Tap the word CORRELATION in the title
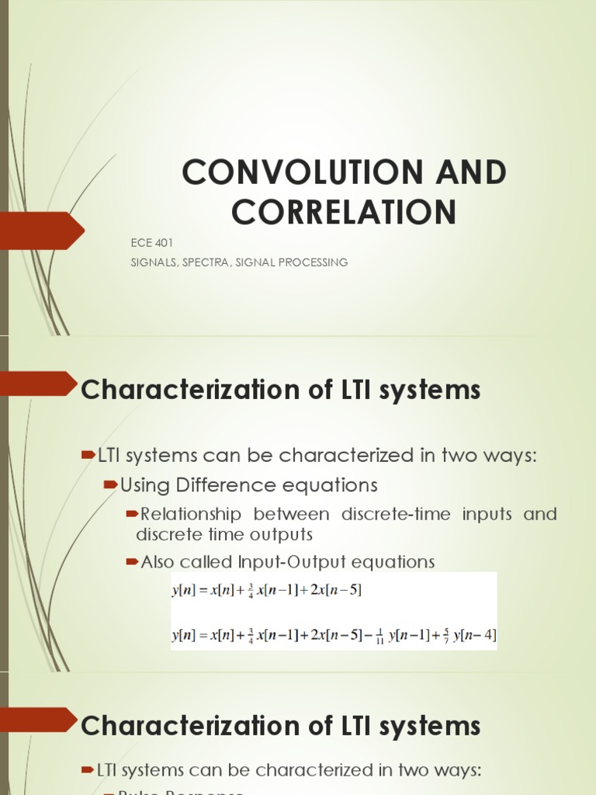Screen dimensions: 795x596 tap(344, 211)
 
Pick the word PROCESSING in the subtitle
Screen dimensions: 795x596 tap(314, 262)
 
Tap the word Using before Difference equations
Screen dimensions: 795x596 tap(145, 485)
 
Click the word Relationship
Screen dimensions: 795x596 tap(191, 514)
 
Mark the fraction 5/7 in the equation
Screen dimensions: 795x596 tap(446, 636)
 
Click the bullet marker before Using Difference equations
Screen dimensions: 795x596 tap(110, 484)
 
